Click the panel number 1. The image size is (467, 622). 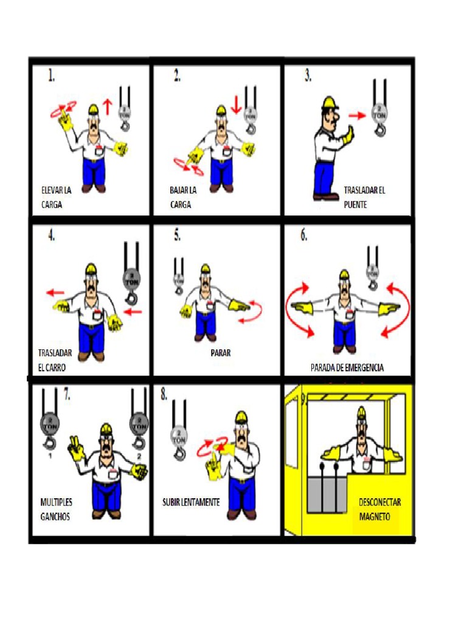pyautogui.click(x=52, y=76)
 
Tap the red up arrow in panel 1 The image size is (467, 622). pyautogui.click(x=108, y=107)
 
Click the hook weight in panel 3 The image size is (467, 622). pyautogui.click(x=379, y=114)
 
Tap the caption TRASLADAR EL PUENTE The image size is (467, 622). pyautogui.click(x=364, y=197)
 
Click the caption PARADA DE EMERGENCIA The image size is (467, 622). pyautogui.click(x=347, y=368)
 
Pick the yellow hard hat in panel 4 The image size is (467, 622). pyautogui.click(x=92, y=268)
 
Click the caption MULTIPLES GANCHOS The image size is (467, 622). pyautogui.click(x=56, y=509)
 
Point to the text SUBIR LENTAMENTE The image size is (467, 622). pyautogui.click(x=191, y=503)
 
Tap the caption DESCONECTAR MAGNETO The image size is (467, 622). pyautogui.click(x=379, y=509)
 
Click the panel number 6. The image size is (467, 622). pyautogui.click(x=303, y=236)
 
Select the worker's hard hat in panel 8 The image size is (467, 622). pyautogui.click(x=241, y=417)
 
